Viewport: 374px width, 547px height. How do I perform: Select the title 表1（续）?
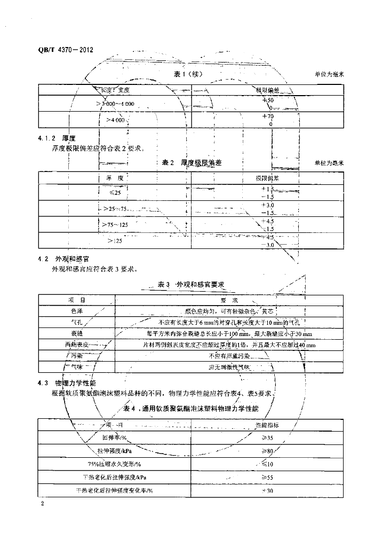(188, 74)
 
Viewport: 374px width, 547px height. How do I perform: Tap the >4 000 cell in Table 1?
(115, 120)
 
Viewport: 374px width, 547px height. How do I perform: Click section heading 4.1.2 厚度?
(57, 138)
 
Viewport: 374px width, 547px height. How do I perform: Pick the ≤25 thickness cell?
(115, 192)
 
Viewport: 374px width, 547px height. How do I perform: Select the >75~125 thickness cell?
(115, 225)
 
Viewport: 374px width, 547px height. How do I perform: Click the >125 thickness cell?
(115, 241)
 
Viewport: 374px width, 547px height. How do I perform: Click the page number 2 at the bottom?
(42, 504)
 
